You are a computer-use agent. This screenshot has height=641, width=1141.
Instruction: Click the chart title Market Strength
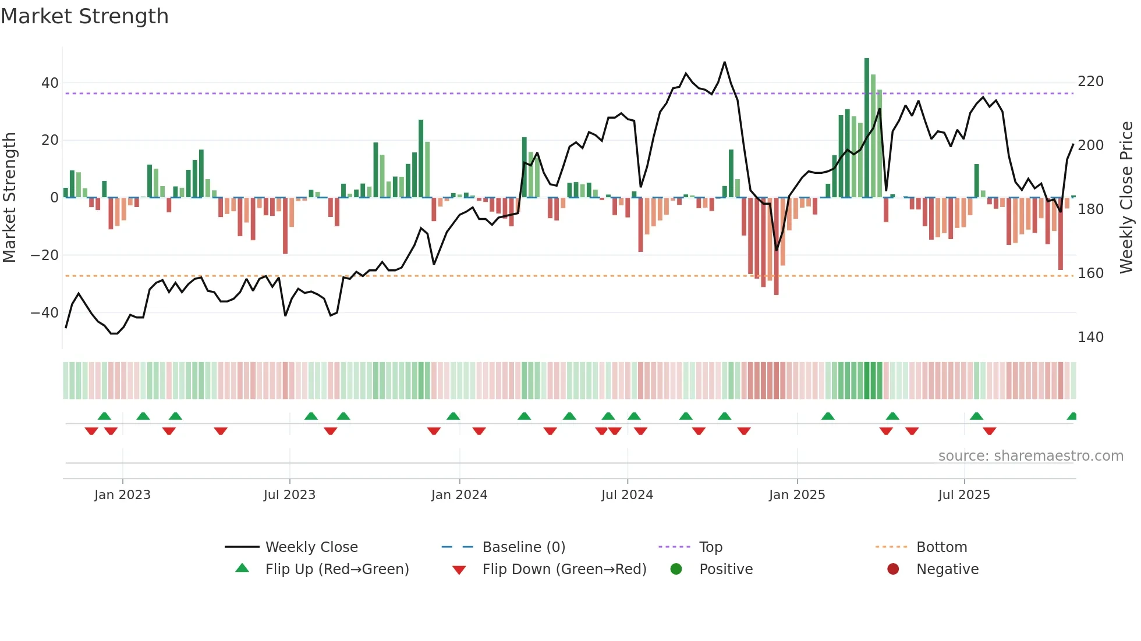click(x=84, y=16)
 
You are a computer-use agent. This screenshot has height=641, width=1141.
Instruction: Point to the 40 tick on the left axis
click(x=50, y=83)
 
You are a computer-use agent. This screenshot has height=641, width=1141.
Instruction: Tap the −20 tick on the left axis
click(x=45, y=255)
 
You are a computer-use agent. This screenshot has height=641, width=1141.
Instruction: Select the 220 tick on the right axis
click(x=1090, y=81)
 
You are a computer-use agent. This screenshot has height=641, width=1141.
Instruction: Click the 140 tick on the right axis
click(x=1090, y=337)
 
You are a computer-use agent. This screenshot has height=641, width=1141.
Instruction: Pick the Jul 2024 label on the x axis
click(x=627, y=495)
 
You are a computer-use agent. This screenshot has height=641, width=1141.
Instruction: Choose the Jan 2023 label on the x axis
click(x=122, y=495)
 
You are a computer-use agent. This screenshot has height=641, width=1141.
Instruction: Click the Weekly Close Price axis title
click(x=1126, y=198)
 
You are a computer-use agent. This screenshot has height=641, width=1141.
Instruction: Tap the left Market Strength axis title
click(x=10, y=198)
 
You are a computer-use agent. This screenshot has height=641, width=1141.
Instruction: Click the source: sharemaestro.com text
click(x=1030, y=456)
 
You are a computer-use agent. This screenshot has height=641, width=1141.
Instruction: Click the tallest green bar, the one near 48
click(x=867, y=128)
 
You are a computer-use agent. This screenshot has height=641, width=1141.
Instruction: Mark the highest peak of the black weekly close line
click(x=725, y=62)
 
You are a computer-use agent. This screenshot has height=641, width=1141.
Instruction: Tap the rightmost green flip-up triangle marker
click(x=1072, y=416)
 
